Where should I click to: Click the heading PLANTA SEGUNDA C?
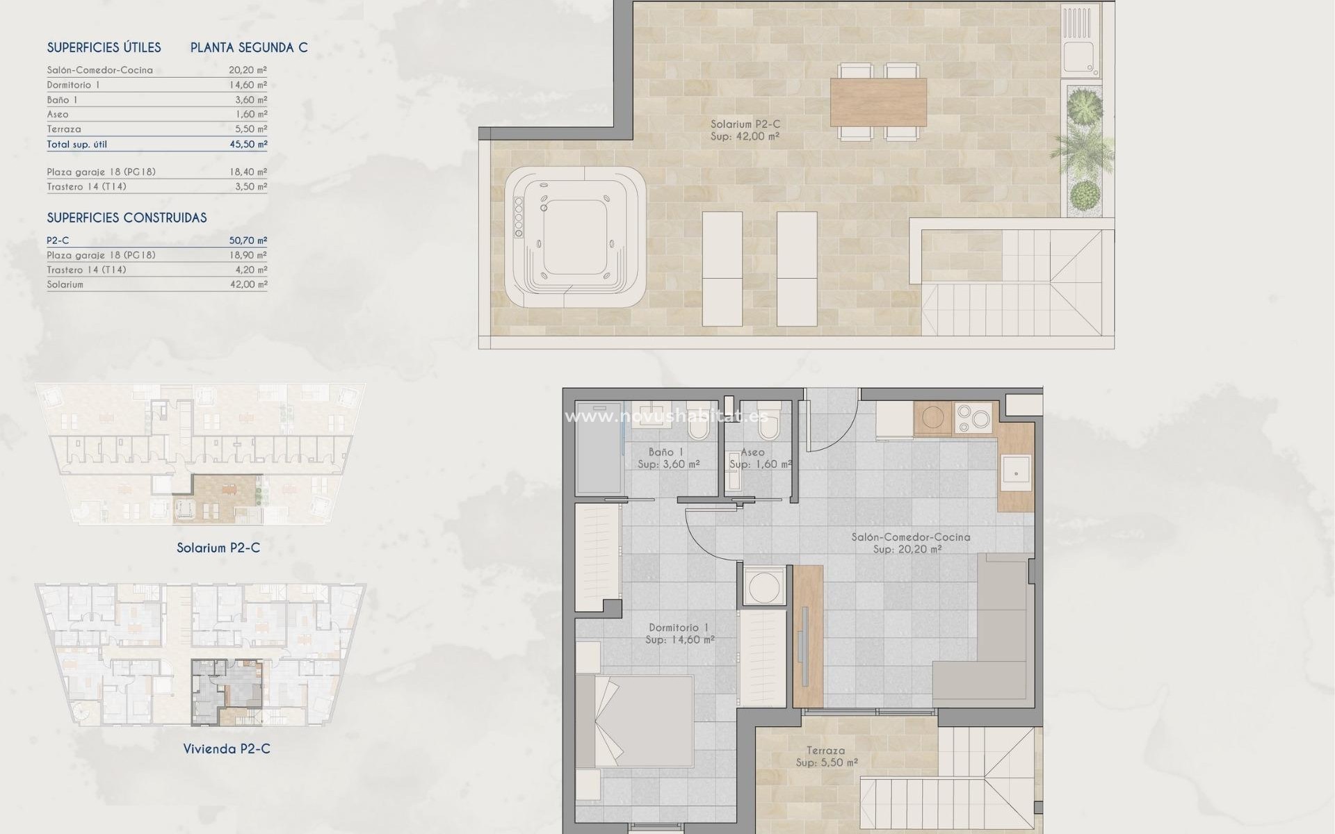click(x=249, y=48)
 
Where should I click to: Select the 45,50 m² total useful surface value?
click(x=248, y=145)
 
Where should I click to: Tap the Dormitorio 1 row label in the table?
click(x=74, y=85)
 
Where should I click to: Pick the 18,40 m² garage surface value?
click(x=248, y=172)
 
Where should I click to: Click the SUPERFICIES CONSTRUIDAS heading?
click(x=127, y=218)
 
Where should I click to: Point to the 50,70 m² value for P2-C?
click(x=248, y=240)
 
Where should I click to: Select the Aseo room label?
click(x=752, y=452)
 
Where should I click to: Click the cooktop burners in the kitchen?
click(x=973, y=417)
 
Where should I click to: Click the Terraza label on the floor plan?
click(x=826, y=751)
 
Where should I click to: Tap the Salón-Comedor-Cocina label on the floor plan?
click(x=911, y=537)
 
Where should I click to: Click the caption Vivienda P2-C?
click(x=227, y=749)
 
